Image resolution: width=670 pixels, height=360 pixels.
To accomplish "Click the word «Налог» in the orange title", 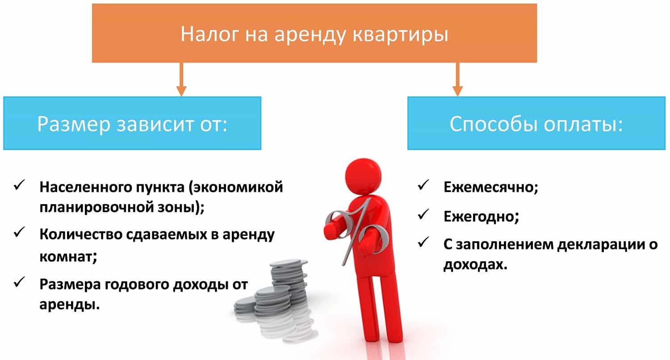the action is [x=209, y=34].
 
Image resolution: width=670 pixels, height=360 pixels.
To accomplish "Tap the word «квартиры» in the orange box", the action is [x=401, y=35].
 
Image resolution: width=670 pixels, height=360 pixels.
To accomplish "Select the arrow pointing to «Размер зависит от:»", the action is [x=181, y=79].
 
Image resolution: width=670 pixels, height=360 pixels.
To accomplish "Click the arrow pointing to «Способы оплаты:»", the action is [x=458, y=79].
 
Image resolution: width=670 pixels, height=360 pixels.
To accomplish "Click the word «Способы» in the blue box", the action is [x=494, y=124].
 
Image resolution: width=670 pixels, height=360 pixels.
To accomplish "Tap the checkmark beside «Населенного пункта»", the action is [x=20, y=185].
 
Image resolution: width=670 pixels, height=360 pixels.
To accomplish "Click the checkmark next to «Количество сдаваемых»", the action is [x=20, y=232].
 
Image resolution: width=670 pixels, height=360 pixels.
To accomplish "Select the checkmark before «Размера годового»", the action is [x=20, y=282].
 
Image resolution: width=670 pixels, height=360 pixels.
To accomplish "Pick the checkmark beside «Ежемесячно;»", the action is [x=423, y=185].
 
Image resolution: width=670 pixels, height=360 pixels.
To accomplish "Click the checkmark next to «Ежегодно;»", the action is [x=423, y=214].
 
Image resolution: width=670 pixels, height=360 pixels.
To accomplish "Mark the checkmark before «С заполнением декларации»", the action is [x=423, y=242].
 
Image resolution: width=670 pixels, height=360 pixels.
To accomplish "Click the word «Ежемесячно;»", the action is [x=491, y=188].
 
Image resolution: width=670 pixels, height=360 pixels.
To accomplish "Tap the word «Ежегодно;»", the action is [x=481, y=217].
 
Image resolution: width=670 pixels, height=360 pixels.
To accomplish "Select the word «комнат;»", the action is [x=68, y=256].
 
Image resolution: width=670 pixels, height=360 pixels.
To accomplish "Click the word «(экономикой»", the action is [x=236, y=188].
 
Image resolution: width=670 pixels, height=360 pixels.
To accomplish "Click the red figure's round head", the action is [x=363, y=177].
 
